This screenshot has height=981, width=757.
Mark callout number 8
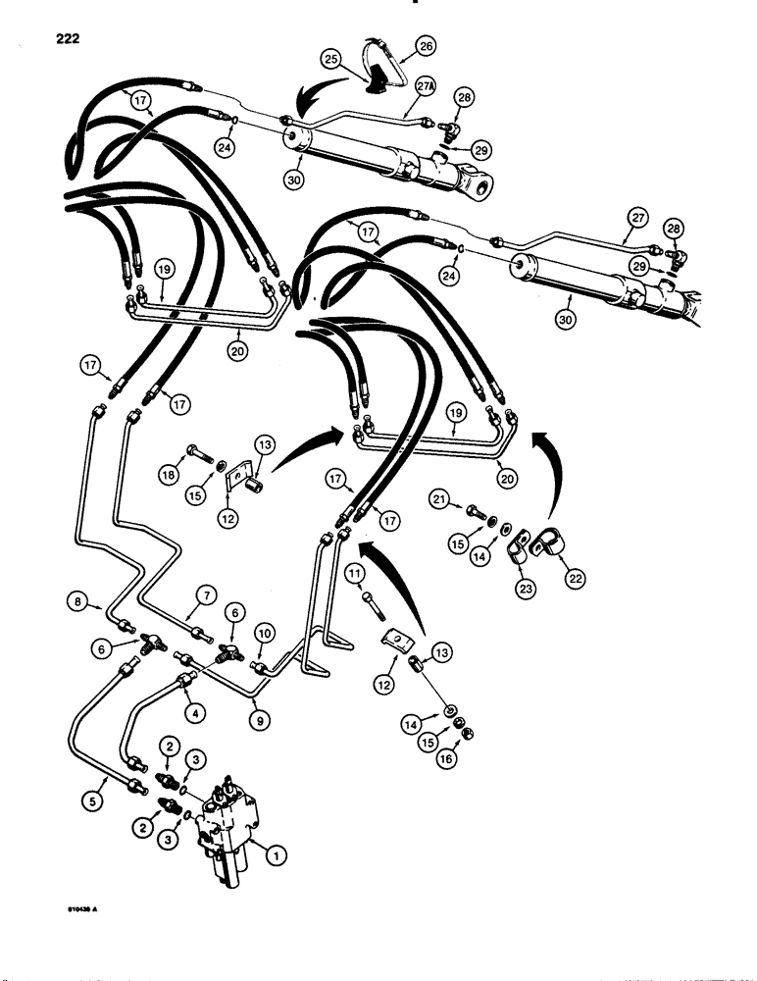pyautogui.click(x=76, y=598)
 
